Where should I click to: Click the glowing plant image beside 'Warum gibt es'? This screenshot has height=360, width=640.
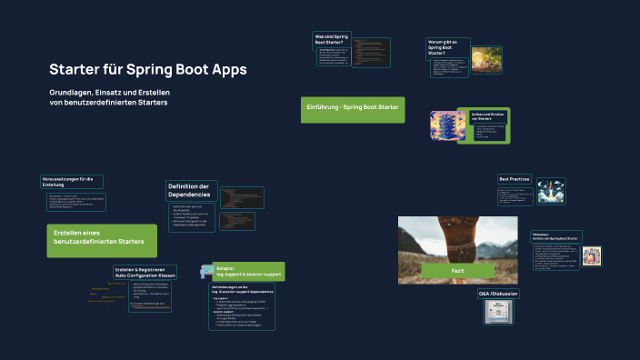tap(480, 56)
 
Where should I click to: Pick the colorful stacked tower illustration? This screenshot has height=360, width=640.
tap(447, 125)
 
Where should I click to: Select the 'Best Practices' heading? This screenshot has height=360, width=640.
tap(515, 179)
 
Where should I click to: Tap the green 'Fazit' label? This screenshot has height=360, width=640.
tap(458, 271)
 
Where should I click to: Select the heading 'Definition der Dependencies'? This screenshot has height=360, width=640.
tap(189, 190)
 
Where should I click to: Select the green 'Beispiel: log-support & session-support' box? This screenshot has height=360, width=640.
tap(247, 271)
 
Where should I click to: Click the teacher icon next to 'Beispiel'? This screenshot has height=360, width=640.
tap(206, 265)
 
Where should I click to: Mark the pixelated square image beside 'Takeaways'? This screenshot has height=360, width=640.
tap(592, 255)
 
